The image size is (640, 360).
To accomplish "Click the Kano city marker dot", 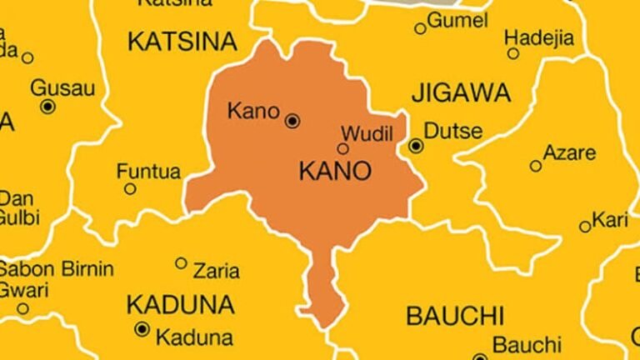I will click(292, 120).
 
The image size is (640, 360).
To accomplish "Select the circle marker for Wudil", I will click(342, 149).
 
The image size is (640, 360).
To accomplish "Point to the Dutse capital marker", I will click(416, 146).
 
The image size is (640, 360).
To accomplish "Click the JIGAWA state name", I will click(448, 92).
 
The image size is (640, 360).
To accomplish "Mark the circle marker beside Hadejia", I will click(513, 53).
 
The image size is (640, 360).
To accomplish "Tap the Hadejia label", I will click(539, 37).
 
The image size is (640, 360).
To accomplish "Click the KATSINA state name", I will click(182, 41).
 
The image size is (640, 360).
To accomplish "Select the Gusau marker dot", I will click(47, 106).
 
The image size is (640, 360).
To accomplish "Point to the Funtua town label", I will click(148, 172).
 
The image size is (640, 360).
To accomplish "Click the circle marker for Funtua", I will click(130, 189).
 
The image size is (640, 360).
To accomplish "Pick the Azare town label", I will click(569, 153).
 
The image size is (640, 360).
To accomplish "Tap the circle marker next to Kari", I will click(585, 227).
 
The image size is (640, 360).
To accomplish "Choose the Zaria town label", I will click(216, 271).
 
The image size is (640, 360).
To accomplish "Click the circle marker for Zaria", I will click(181, 263).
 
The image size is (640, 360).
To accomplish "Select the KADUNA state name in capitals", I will click(180, 304).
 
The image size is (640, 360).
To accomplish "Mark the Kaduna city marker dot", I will click(142, 329).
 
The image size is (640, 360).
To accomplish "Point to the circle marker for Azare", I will click(536, 166).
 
